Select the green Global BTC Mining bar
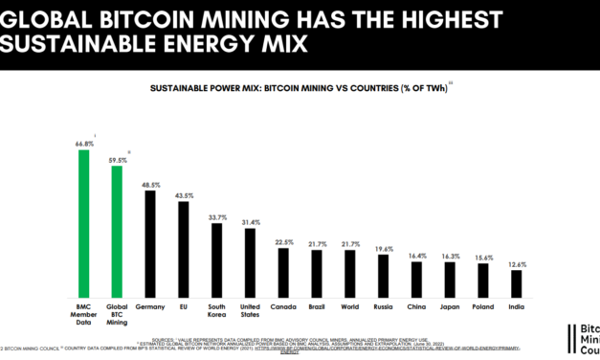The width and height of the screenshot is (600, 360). click(x=117, y=231)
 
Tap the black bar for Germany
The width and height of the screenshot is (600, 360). click(x=150, y=243)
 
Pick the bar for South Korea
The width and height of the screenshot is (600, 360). click(x=216, y=259)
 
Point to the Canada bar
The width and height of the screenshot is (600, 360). click(x=283, y=271)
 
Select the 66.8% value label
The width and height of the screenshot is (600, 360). click(x=84, y=144)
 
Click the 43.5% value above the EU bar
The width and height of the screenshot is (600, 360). click(x=183, y=195)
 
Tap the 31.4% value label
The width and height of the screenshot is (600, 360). click(x=250, y=223)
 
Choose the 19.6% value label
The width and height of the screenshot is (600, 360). click(x=383, y=248)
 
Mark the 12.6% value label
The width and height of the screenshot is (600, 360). click(x=517, y=264)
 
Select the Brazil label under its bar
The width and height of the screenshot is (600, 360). click(x=317, y=306)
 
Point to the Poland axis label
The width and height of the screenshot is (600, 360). click(x=483, y=306)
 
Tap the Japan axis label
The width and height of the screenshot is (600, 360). click(x=450, y=306)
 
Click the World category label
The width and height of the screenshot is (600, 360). click(x=349, y=306)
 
